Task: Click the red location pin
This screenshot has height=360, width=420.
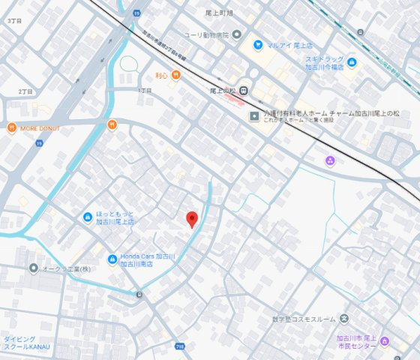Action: (x=191, y=218)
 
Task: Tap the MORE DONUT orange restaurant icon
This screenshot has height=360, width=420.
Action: (x=12, y=127)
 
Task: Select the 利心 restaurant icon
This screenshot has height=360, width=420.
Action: (x=175, y=74)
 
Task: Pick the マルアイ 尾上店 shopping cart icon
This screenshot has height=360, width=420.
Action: (x=258, y=45)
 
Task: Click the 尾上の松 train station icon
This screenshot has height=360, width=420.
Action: (x=244, y=89)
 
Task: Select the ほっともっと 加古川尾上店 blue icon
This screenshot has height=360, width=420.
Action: (x=87, y=217)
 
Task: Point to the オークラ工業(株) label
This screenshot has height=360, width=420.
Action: (x=67, y=268)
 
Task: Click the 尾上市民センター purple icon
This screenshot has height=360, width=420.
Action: (x=385, y=342)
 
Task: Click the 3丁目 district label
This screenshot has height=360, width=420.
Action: (x=13, y=21)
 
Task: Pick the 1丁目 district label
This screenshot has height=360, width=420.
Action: (x=144, y=90)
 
